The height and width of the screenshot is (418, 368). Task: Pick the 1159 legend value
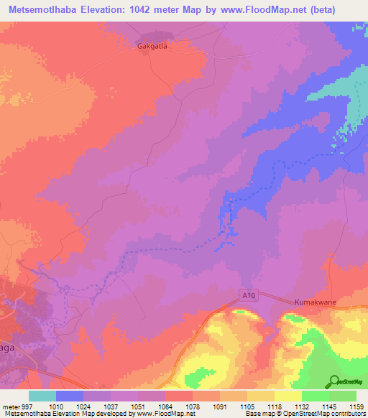[356, 406]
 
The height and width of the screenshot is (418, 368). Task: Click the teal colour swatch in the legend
[42, 396]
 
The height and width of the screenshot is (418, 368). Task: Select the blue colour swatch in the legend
[70, 396]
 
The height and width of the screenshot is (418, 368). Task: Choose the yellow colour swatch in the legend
[288, 396]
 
